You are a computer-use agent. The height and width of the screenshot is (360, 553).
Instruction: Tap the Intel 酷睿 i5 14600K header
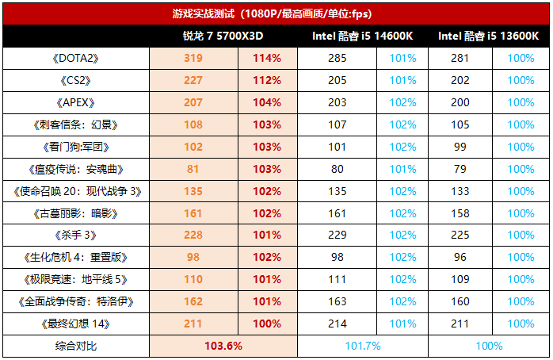362,36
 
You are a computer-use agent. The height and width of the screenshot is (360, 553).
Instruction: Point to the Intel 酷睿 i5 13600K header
488,36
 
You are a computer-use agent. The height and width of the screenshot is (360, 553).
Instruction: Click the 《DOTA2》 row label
77,58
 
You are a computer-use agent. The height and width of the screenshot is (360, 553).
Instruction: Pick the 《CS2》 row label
77,80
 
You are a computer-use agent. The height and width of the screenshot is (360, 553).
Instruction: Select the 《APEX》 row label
77,102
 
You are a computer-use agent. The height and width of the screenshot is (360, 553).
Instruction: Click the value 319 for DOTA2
193,58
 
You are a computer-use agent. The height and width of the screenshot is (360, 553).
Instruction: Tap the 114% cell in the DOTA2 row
267,58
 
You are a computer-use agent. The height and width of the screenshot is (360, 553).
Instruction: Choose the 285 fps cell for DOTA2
338,58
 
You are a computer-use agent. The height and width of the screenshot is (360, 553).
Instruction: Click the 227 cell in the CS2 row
193,80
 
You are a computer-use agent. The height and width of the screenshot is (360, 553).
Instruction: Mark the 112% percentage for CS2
267,80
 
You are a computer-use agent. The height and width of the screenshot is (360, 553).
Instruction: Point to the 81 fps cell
193,169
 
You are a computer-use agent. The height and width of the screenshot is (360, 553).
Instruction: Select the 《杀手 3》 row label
77,235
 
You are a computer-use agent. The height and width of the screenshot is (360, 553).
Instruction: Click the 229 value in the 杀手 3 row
338,235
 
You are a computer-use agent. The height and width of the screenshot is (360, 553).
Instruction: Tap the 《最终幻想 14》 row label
77,324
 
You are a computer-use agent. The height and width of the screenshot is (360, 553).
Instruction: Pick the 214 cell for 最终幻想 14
338,324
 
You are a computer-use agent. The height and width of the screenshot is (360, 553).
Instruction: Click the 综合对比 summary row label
77,346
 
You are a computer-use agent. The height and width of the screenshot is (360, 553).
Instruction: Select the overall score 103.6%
223,346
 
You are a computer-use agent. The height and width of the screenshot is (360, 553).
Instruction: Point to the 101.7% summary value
363,346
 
